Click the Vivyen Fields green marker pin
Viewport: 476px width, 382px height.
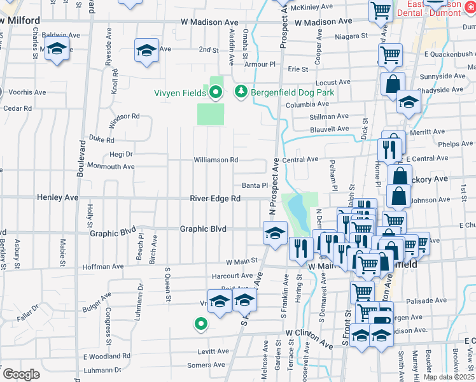(216, 93)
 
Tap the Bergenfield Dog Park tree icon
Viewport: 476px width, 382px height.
(241, 93)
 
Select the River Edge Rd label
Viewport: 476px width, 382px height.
(215, 199)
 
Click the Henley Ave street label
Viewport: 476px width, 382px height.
(58, 198)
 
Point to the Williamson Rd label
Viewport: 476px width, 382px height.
(216, 160)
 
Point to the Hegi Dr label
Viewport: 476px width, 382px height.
(120, 153)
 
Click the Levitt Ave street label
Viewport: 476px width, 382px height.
(213, 351)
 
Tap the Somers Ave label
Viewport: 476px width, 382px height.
(207, 365)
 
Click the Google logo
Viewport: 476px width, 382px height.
(21, 374)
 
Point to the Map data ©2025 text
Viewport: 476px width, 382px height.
(448, 377)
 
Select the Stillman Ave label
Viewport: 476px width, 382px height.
(329, 117)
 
